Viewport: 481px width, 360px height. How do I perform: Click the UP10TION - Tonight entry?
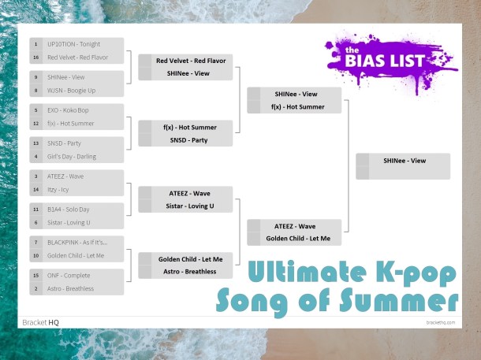click(x=73, y=44)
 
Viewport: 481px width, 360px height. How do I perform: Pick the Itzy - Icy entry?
click(x=60, y=190)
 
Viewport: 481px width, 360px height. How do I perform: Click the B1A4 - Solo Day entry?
click(x=69, y=210)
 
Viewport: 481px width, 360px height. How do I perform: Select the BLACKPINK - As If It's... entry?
click(x=76, y=243)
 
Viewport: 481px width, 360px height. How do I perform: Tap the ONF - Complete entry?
click(x=69, y=276)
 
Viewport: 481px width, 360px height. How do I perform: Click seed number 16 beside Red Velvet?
click(x=36, y=58)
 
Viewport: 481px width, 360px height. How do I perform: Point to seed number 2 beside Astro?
click(x=36, y=289)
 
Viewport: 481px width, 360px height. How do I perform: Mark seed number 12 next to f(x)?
click(x=36, y=124)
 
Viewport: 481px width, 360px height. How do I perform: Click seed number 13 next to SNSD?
click(x=36, y=143)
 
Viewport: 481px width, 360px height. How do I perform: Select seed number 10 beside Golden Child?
click(x=36, y=256)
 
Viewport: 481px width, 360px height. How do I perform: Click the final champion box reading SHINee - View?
click(x=404, y=161)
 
